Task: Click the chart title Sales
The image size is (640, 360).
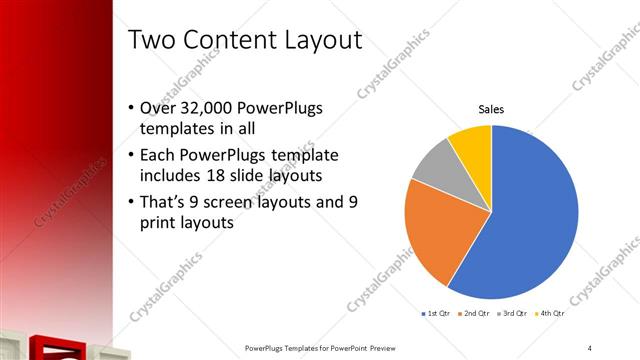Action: (491, 109)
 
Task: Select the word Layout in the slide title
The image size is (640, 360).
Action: (320, 41)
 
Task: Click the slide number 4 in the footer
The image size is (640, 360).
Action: (590, 347)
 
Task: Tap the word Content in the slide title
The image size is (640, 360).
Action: (231, 41)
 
